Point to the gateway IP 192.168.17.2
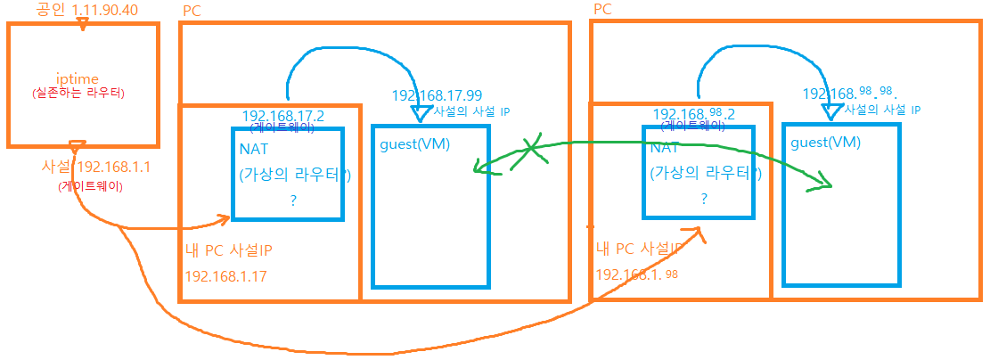(x=282, y=116)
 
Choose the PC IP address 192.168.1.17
(x=226, y=275)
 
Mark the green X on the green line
(x=532, y=148)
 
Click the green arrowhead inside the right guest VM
(x=825, y=184)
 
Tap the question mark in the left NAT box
(x=292, y=201)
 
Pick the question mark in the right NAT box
(x=703, y=200)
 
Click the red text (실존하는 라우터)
(x=81, y=94)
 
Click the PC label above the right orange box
(x=601, y=8)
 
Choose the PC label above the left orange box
(x=191, y=11)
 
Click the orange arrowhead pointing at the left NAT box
(x=223, y=217)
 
